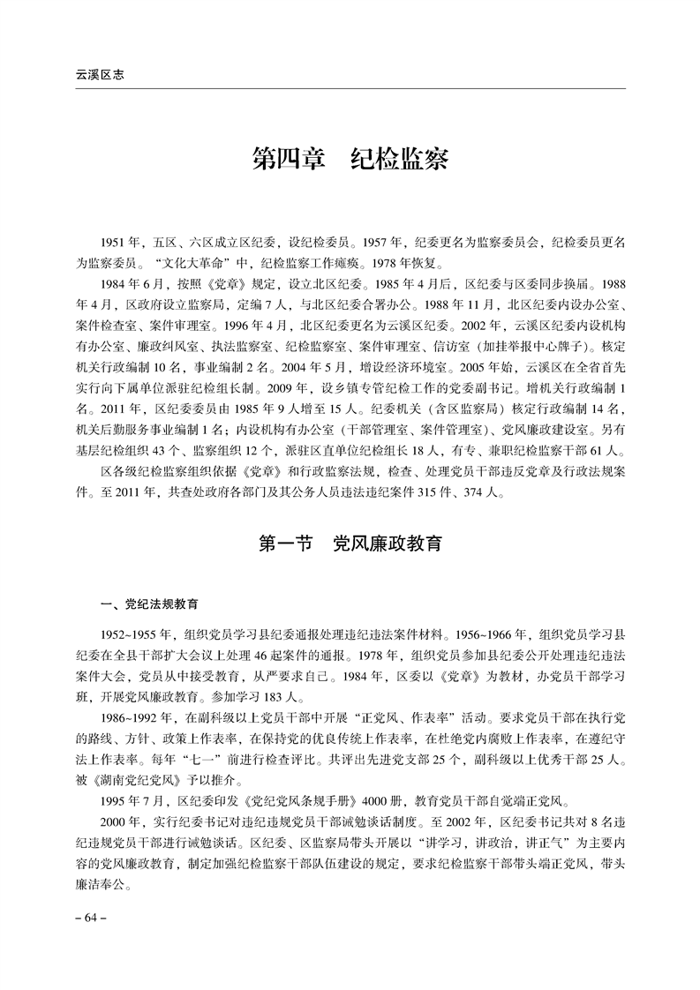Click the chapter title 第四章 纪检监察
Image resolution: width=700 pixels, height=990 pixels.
click(x=350, y=161)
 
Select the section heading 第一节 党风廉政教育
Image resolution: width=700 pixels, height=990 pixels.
click(x=350, y=544)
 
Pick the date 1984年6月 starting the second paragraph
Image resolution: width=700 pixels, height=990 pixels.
click(x=132, y=285)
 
